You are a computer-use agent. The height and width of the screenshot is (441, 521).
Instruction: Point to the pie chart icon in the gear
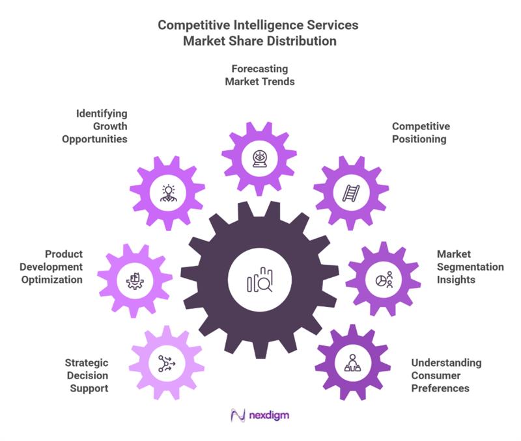[x=384, y=280]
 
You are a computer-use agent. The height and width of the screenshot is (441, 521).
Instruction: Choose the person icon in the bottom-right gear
[x=353, y=362]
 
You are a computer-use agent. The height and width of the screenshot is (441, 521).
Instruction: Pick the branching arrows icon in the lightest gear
[x=166, y=363]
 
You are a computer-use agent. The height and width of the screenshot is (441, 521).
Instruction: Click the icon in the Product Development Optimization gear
[x=135, y=280]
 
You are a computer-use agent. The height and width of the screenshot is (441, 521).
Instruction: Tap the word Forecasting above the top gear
[x=260, y=69]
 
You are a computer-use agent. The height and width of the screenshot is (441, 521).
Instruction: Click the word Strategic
[x=87, y=362]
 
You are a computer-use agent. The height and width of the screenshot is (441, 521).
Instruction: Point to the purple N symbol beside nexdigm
[x=238, y=415]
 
